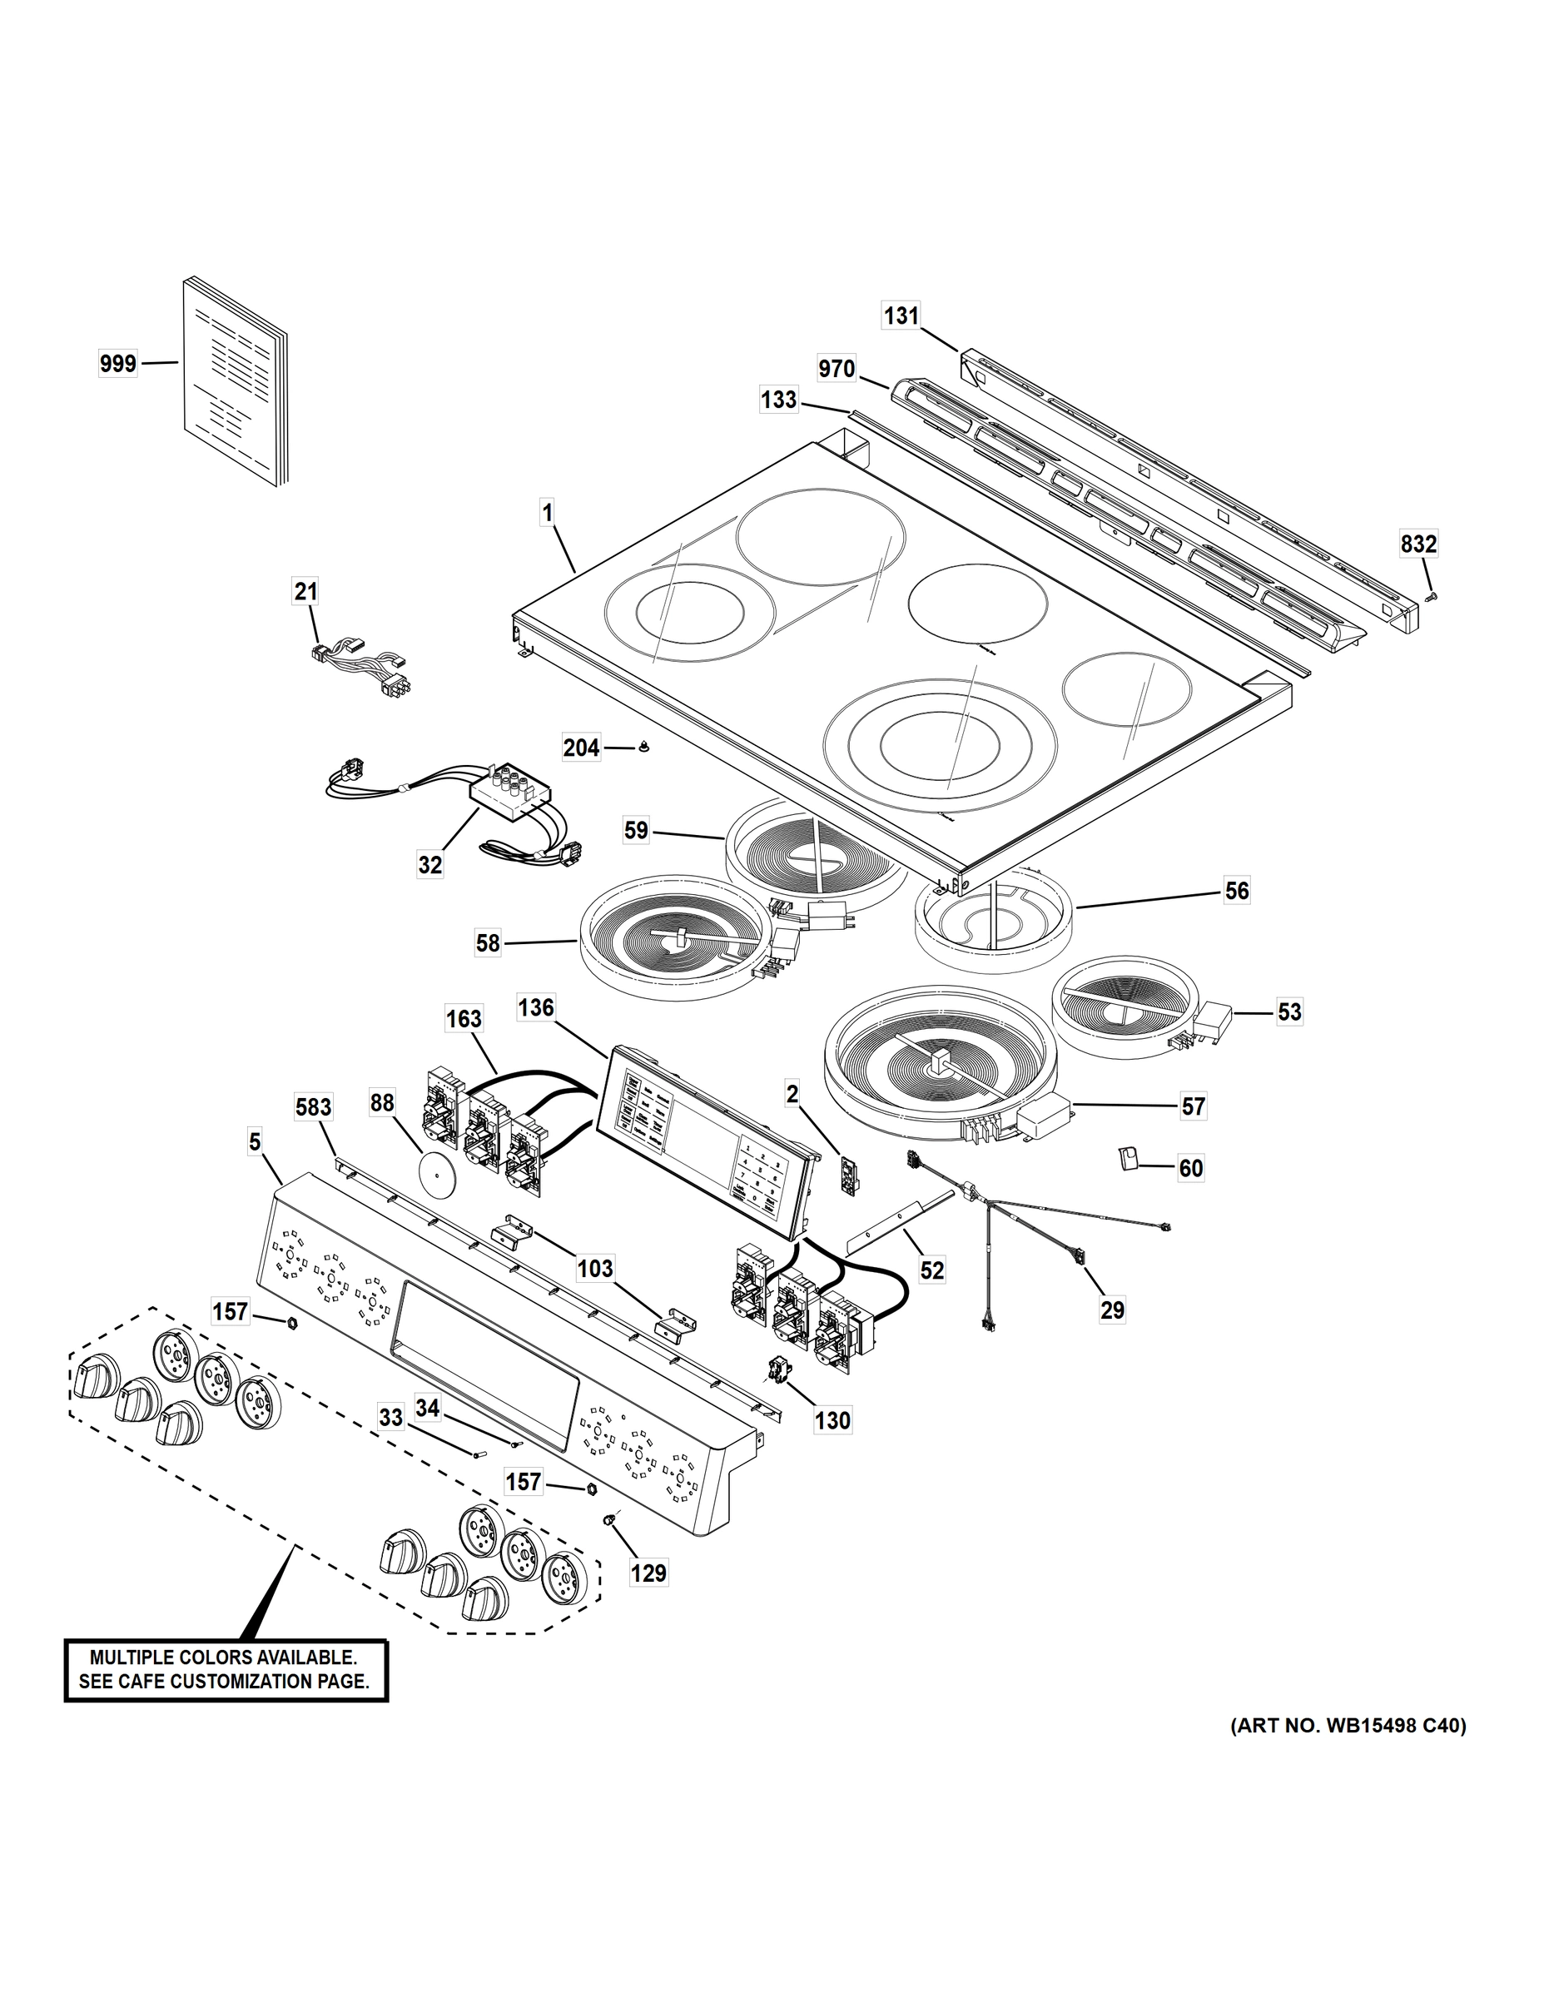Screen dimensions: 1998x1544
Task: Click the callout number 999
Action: point(117,364)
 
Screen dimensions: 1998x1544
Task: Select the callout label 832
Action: point(1418,544)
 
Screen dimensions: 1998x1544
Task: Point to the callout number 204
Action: point(582,748)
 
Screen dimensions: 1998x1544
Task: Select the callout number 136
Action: point(536,1007)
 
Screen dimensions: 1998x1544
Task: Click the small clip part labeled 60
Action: point(1127,1160)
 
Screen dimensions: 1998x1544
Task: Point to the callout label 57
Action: point(1193,1107)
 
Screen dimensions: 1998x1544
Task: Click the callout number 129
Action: point(648,1573)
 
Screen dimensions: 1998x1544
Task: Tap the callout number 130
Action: point(832,1421)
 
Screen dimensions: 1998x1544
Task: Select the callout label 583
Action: point(314,1108)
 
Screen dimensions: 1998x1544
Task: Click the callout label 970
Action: point(836,369)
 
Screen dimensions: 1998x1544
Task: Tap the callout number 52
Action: point(931,1270)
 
